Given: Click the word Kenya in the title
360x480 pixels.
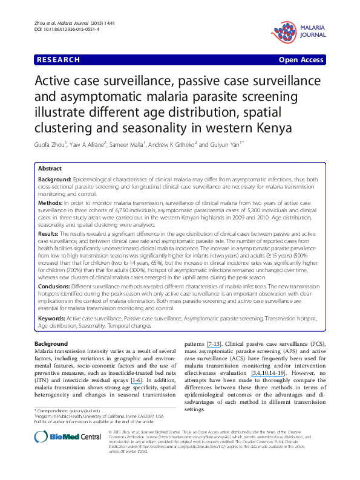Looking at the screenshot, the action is coord(273,128).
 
